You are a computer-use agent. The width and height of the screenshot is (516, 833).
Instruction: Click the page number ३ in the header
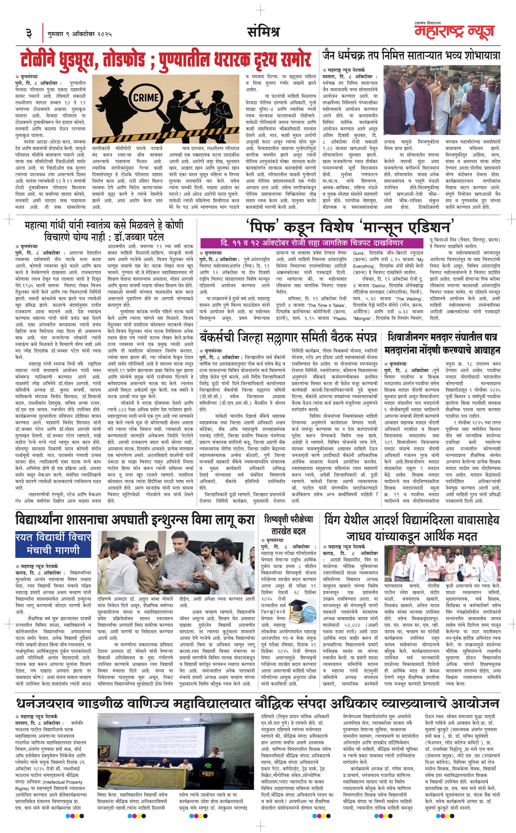(28, 33)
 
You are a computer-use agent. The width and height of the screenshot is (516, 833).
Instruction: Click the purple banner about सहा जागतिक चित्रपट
(311, 243)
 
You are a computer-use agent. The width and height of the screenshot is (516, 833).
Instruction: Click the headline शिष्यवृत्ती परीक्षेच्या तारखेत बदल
(288, 525)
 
